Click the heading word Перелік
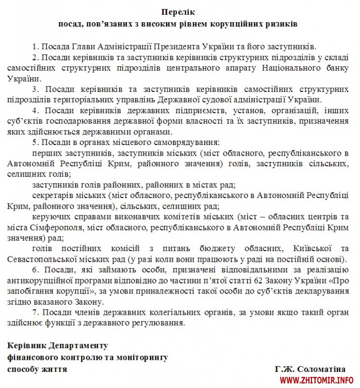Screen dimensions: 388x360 tap(180, 12)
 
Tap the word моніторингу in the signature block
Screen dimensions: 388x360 tap(139, 357)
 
